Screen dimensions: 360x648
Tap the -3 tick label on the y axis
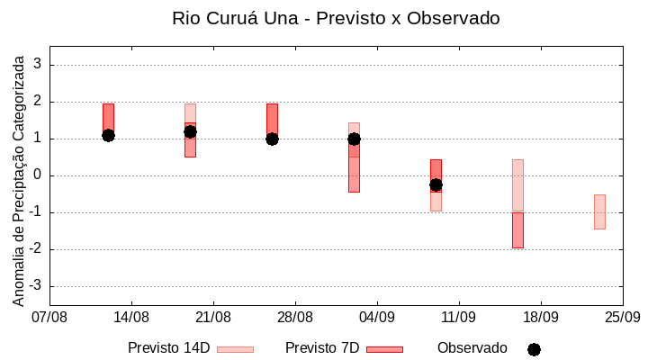click(x=37, y=286)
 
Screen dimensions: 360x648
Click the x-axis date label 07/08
click(x=49, y=317)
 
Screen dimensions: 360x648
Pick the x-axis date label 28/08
click(x=295, y=317)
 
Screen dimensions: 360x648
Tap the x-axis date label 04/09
click(x=377, y=317)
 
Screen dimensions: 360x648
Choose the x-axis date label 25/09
click(x=622, y=317)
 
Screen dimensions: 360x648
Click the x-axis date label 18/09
click(x=540, y=317)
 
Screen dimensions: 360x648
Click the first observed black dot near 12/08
click(x=108, y=135)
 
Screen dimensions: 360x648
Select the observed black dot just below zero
click(x=436, y=184)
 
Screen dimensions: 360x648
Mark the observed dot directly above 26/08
click(x=272, y=139)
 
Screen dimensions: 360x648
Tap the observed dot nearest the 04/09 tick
click(x=354, y=139)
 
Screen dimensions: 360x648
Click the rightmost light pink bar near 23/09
click(x=599, y=211)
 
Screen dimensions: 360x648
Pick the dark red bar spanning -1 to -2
click(x=517, y=230)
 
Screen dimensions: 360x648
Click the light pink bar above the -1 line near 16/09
click(x=517, y=185)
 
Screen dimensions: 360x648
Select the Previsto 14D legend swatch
click(x=235, y=349)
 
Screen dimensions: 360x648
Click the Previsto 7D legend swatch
click(x=384, y=349)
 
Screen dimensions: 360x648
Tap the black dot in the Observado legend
click(x=534, y=349)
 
